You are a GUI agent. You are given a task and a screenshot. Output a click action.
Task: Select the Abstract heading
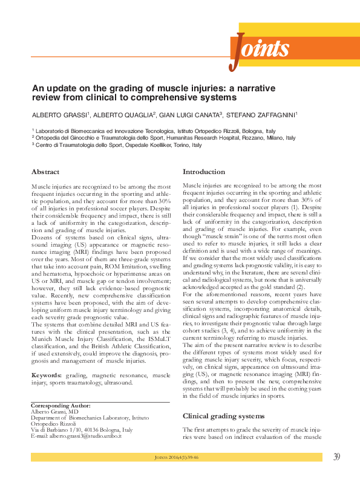click(x=45, y=172)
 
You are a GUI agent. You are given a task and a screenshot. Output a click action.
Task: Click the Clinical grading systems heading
click(x=223, y=416)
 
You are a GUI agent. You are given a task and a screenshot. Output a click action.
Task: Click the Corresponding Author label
click(x=61, y=405)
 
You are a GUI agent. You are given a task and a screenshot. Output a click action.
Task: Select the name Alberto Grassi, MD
click(x=53, y=411)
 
